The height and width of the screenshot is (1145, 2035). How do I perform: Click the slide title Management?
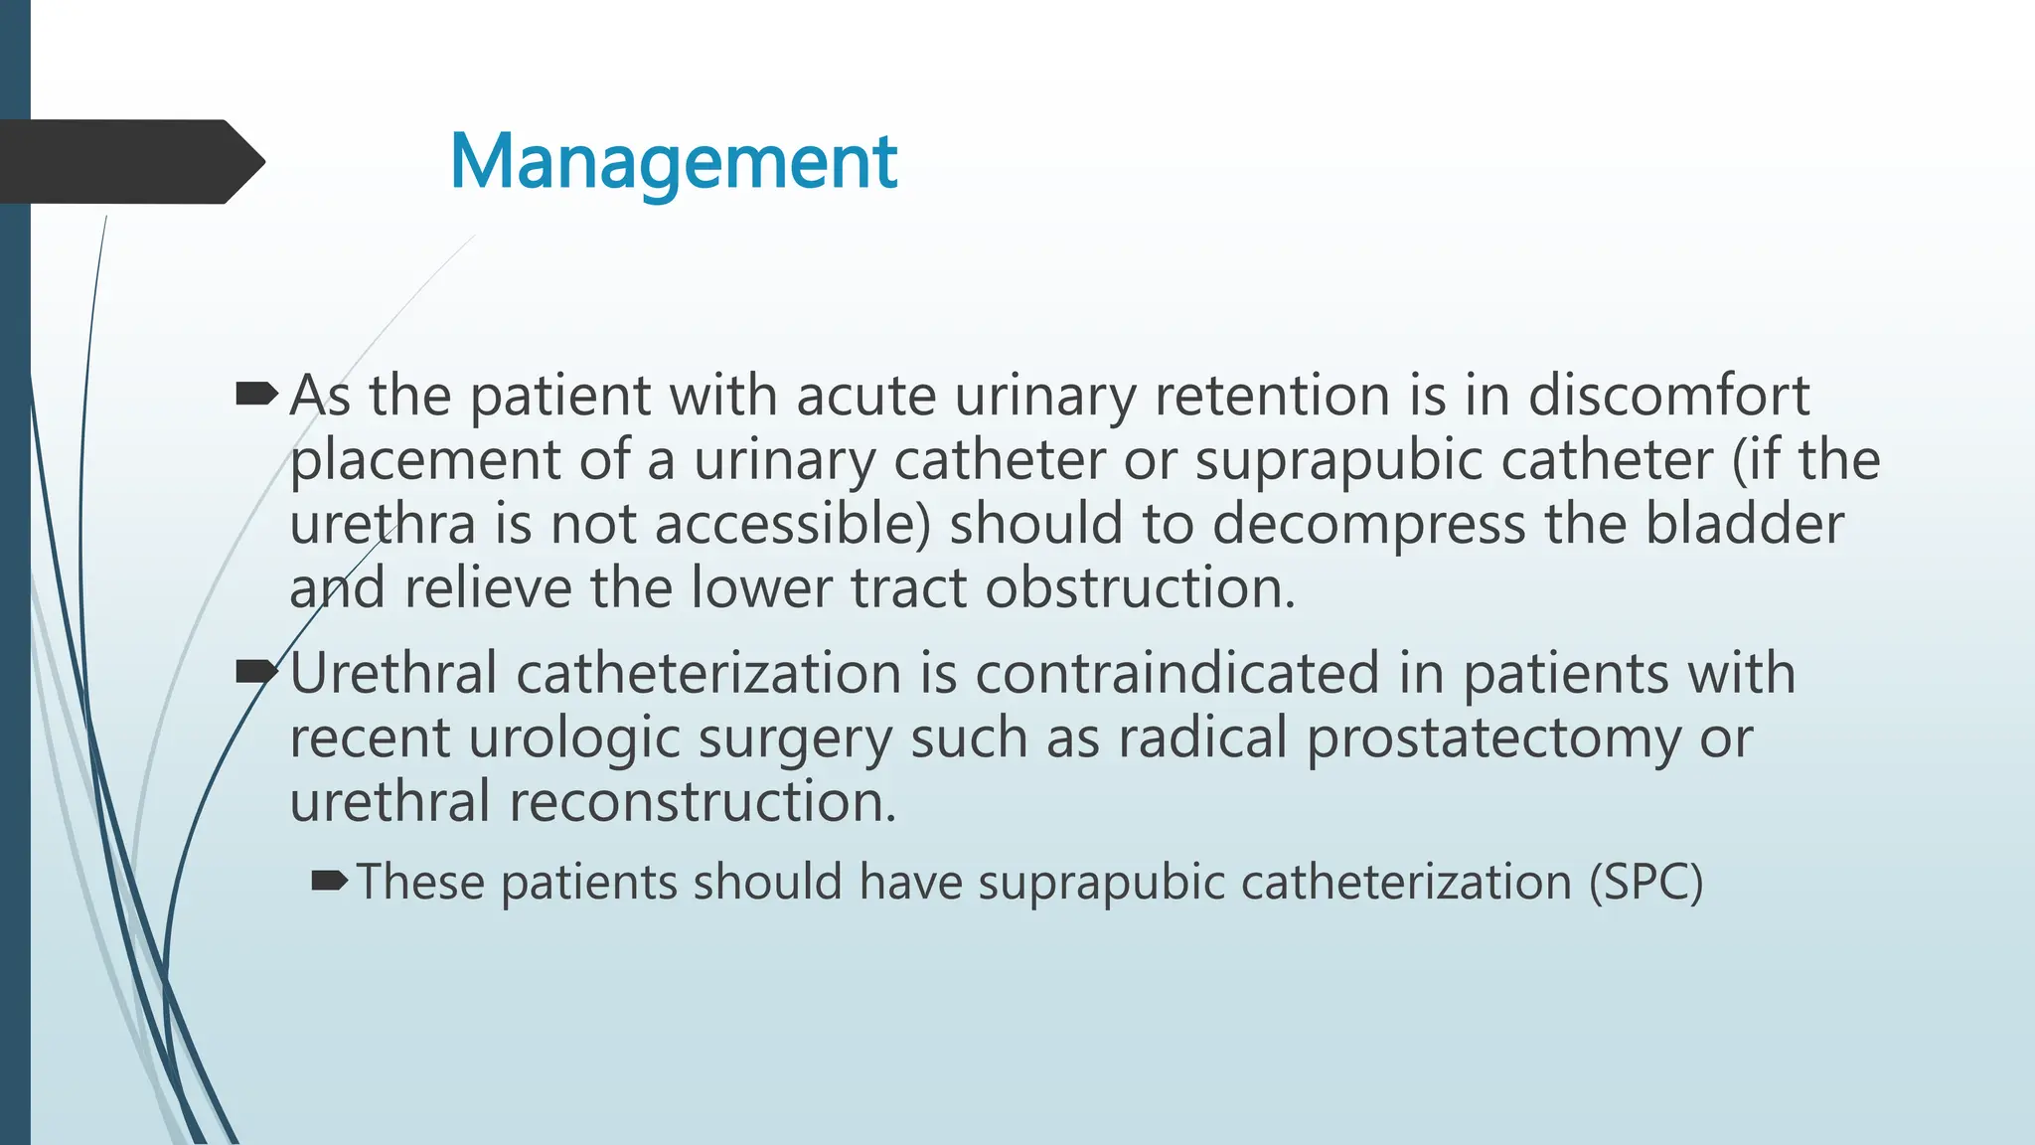coord(674,162)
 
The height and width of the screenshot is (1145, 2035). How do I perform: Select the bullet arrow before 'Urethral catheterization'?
coord(257,674)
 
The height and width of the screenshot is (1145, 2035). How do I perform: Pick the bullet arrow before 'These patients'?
coord(329,881)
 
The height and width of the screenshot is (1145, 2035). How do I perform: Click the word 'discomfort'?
coord(1668,396)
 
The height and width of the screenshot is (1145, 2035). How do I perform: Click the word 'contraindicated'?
coord(1177,674)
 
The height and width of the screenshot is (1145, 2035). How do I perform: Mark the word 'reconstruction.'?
coord(703,802)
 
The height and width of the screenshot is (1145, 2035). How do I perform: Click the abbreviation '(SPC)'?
coord(1645,883)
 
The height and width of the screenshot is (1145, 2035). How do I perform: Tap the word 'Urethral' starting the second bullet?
coord(393,674)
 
